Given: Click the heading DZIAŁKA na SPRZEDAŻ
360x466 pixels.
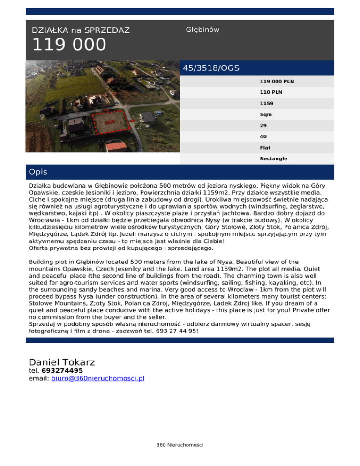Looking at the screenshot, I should pyautogui.click(x=81, y=30).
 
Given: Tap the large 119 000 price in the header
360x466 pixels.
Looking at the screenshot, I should pyautogui.click(x=69, y=45).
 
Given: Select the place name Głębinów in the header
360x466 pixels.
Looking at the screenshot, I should pyautogui.click(x=202, y=30).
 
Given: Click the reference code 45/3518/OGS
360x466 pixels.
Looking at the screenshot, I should pyautogui.click(x=211, y=68).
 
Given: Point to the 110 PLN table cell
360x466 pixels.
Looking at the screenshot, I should pyautogui.click(x=271, y=92).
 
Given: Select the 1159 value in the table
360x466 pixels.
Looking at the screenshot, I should pyautogui.click(x=267, y=103).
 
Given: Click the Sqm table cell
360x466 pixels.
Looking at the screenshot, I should pyautogui.click(x=266, y=114).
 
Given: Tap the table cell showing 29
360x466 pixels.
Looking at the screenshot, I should pyautogui.click(x=263, y=126).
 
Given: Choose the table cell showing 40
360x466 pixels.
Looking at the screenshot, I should pyautogui.click(x=263, y=136).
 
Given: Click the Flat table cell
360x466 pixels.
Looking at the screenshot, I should pyautogui.click(x=265, y=148).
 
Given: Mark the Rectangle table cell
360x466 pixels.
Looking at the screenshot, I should pyautogui.click(x=273, y=159).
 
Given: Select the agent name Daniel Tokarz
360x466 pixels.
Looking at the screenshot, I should pyautogui.click(x=62, y=362).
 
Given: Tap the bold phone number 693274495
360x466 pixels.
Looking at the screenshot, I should pyautogui.click(x=62, y=371).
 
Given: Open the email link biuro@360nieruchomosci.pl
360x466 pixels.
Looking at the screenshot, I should pyautogui.click(x=97, y=378).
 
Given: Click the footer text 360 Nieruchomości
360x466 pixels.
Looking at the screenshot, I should pyautogui.click(x=180, y=444).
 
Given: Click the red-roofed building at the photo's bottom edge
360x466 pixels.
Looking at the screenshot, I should pyautogui.click(x=116, y=147).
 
